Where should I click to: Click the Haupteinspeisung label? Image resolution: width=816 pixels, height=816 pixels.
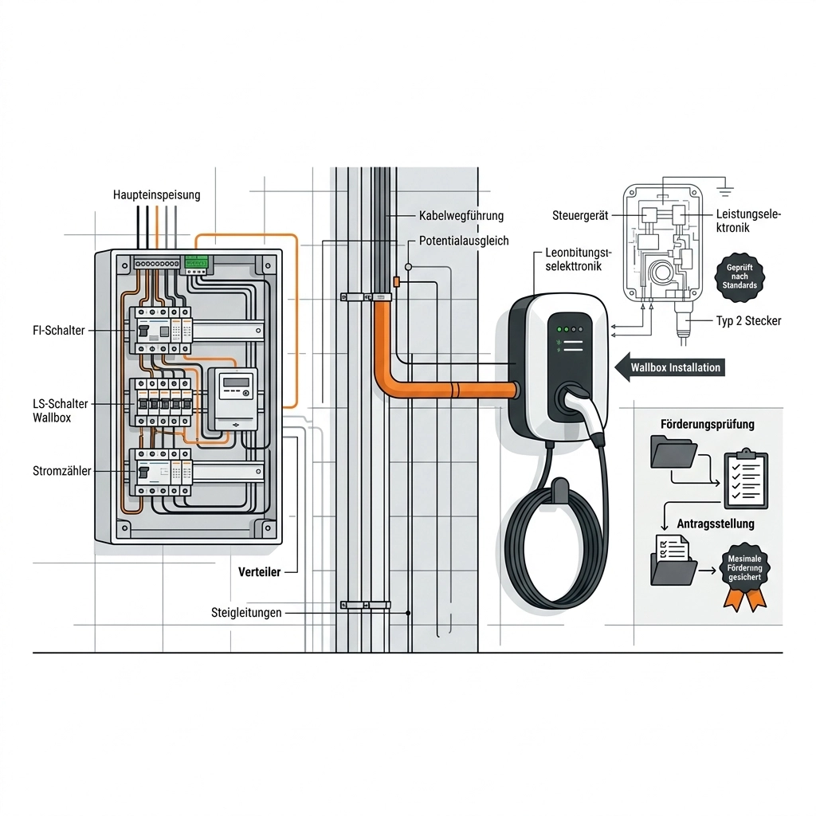(156, 194)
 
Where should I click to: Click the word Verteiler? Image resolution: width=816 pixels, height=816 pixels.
(260, 572)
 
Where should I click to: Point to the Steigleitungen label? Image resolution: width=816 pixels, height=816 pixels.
(246, 613)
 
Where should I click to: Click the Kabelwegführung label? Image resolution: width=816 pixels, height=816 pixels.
(461, 216)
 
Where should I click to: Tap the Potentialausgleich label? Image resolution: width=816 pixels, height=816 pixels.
(463, 241)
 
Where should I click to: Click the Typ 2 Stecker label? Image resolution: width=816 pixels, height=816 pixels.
(748, 321)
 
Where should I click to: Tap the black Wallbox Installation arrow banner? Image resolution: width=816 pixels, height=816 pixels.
(671, 367)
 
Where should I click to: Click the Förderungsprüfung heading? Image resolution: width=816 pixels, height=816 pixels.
(707, 424)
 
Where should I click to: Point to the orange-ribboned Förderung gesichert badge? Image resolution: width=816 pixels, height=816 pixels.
(744, 576)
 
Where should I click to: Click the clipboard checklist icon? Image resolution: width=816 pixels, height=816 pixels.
(745, 480)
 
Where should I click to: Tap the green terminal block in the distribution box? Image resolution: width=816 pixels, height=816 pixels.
(196, 261)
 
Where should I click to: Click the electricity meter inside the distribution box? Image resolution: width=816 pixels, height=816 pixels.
(233, 399)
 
